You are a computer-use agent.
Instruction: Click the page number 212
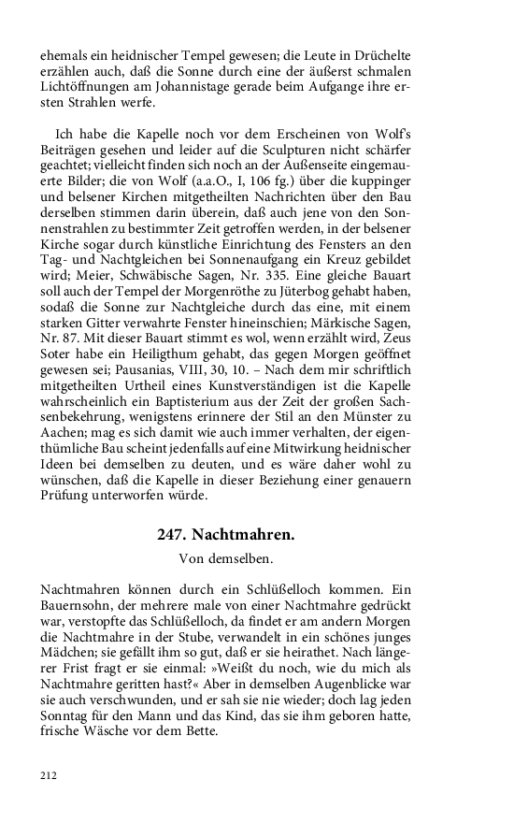49,774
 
